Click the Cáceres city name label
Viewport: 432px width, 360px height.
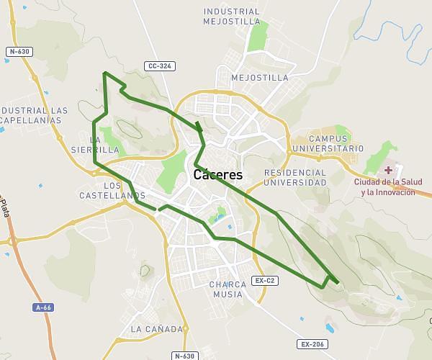(x=218, y=175)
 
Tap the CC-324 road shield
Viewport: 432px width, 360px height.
(x=159, y=66)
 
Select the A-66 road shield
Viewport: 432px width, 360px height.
(x=43, y=307)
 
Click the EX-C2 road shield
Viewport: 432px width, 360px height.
(x=265, y=280)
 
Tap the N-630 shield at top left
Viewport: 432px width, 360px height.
(x=19, y=52)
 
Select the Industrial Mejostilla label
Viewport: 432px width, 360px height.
(x=231, y=17)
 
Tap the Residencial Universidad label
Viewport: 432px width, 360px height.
(x=295, y=177)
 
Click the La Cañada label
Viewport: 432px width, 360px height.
(x=157, y=329)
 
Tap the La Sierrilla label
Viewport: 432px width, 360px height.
(x=95, y=145)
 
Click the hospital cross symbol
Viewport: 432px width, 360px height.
(x=389, y=171)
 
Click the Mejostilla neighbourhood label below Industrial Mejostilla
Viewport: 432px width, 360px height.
(x=260, y=78)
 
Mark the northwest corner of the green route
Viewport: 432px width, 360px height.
(x=104, y=73)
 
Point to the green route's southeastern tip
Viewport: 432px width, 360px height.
(x=337, y=283)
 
